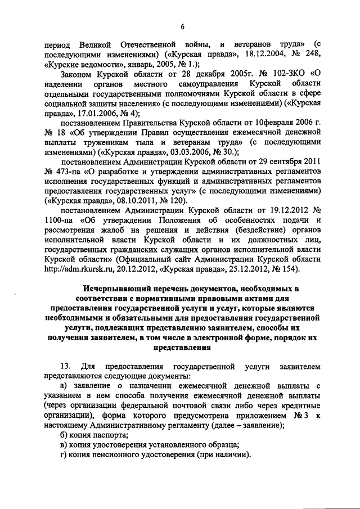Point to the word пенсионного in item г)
(x=118, y=454)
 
